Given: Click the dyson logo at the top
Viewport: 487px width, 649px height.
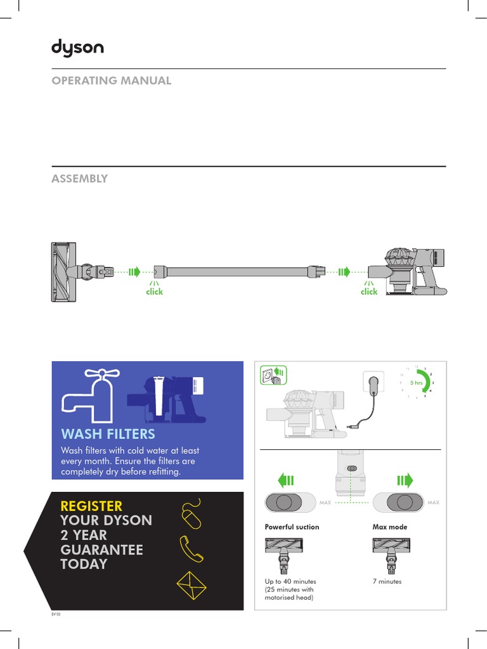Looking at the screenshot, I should pos(77,48).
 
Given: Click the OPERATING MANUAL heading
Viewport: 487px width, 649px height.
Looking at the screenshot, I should pos(111,80).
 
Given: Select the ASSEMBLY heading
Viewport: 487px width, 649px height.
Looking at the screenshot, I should pos(79,179).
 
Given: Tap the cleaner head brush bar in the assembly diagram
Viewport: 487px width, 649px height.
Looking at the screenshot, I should pos(62,272).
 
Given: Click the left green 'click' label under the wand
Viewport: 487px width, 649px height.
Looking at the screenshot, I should pos(154,292).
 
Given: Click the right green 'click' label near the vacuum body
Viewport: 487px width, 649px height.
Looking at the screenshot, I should pos(369,292).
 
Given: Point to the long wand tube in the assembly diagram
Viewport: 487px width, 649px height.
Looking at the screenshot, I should pos(238,272).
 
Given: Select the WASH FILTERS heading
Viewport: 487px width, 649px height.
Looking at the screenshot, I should pos(108,434).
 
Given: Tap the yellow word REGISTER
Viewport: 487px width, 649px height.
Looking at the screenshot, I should pos(91,506).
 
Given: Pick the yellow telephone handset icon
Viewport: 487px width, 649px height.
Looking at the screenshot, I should pos(192,548).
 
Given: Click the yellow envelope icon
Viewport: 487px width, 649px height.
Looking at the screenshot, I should pos(191,586).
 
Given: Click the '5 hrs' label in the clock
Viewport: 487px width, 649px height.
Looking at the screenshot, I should pos(416,383).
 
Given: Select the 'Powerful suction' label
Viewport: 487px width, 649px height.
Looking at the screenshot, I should pos(292,527).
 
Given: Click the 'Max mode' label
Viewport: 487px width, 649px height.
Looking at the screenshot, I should pos(389,527).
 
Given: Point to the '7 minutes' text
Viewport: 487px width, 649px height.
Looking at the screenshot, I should pos(387,581).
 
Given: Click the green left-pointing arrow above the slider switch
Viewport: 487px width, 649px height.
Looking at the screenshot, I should pos(286,479).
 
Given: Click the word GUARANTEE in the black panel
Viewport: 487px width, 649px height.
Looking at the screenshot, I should pos(101,549).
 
